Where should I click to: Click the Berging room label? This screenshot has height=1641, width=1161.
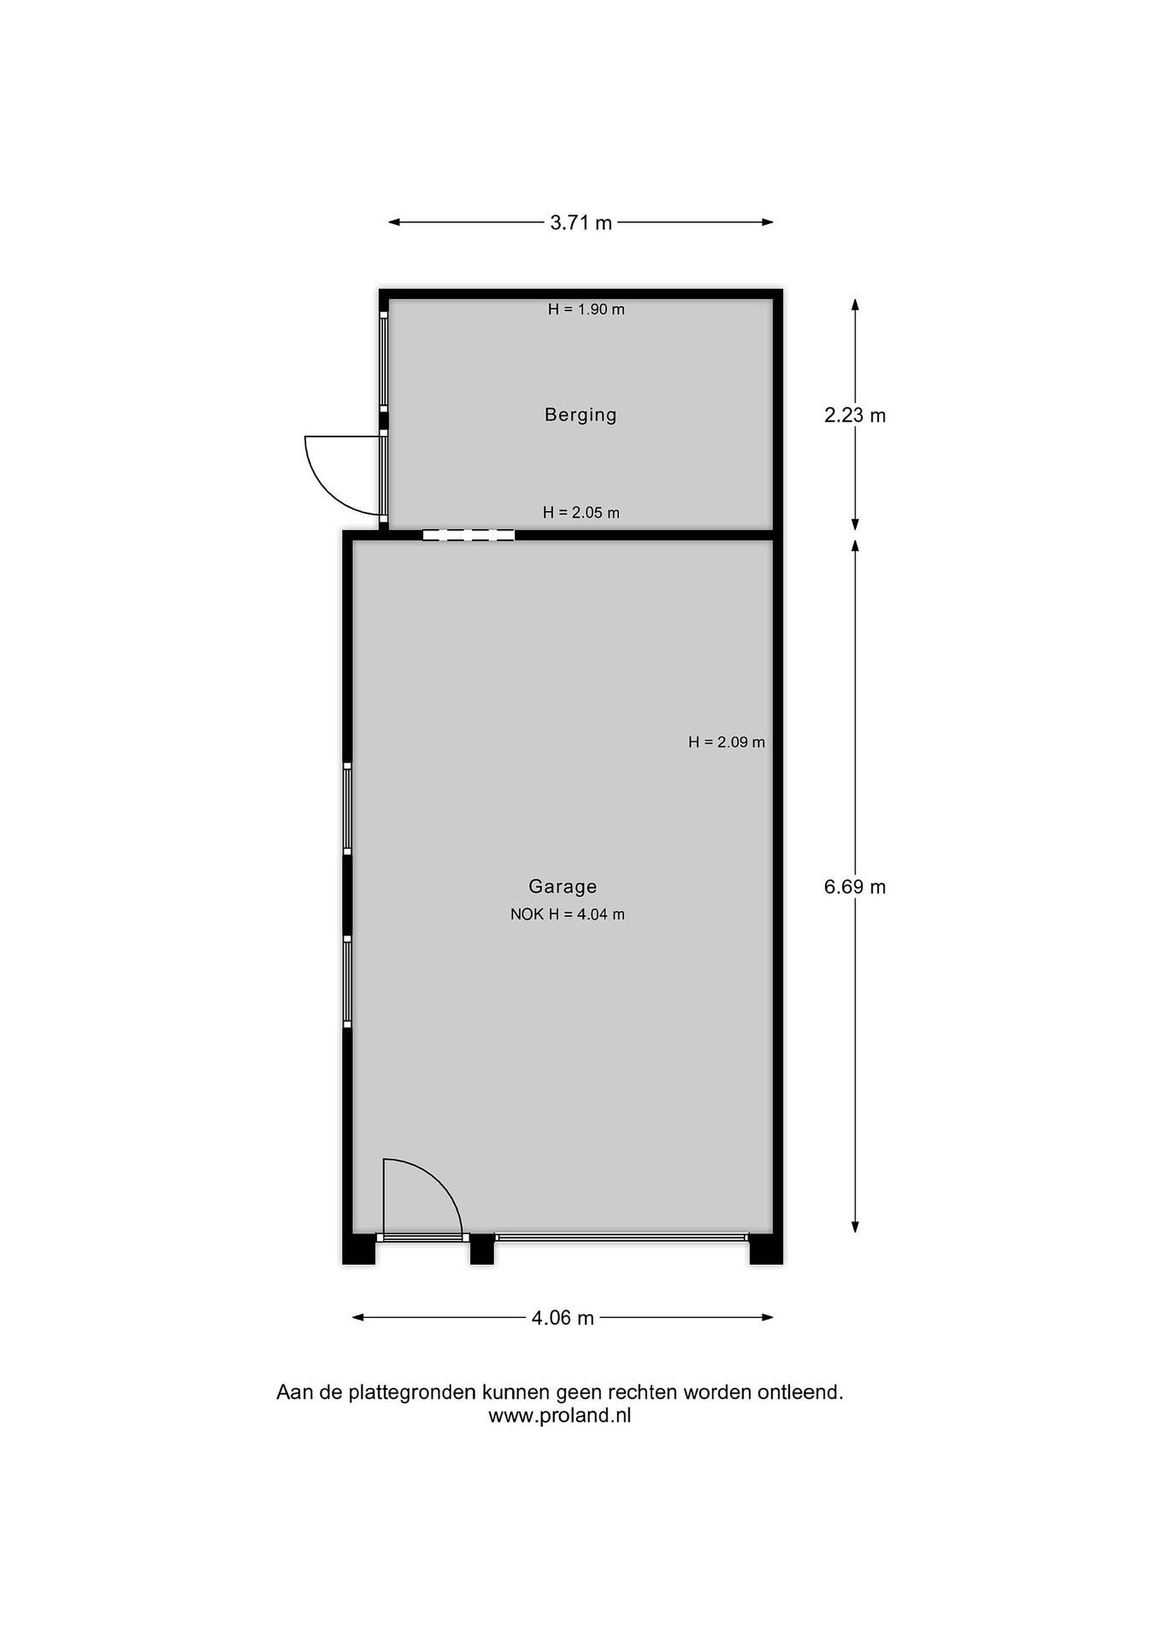580,415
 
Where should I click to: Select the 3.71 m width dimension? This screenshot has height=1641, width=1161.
580,223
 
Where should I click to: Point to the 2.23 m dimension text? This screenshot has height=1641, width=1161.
855,415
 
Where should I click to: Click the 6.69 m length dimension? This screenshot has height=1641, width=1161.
855,887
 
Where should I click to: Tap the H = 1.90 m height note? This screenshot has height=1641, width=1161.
586,309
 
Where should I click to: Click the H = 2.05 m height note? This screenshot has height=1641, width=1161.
581,512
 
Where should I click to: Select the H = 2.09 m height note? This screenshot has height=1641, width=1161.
726,742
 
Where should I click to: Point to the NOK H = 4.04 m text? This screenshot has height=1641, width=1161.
568,914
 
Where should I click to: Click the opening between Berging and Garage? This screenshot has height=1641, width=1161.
469,534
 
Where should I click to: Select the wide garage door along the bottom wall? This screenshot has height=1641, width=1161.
622,1236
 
